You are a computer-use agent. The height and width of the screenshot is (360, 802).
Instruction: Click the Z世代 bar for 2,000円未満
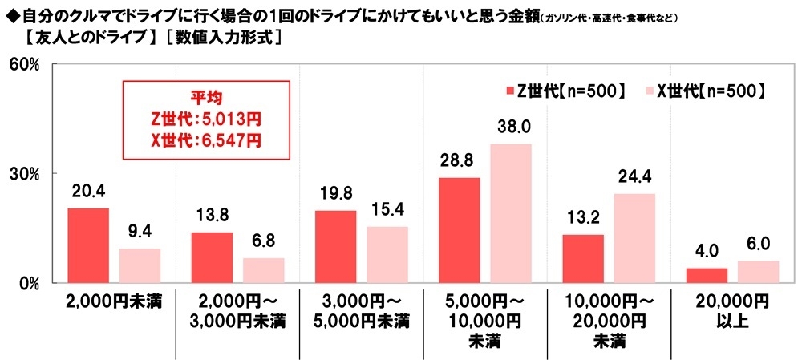88,245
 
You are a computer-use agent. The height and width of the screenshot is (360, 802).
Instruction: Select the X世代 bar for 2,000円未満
140,265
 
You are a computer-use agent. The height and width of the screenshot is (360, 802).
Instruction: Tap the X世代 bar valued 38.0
511,213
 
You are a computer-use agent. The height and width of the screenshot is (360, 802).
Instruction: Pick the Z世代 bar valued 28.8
460,230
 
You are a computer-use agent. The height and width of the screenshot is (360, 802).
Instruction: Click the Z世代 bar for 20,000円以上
707,275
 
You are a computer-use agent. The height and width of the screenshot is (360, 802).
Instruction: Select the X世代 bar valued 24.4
634,238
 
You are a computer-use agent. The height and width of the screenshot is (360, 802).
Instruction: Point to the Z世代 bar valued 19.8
336,246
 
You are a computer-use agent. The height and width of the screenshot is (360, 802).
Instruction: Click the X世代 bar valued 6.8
263,270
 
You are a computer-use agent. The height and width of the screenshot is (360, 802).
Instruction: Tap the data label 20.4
88,192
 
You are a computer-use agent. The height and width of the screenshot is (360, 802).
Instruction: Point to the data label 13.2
583,218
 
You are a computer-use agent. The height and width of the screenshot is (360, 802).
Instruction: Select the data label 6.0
759,245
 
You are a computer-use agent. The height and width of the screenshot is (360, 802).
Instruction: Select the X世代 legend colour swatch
646,91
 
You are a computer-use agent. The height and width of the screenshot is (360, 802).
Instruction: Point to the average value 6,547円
234,139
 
